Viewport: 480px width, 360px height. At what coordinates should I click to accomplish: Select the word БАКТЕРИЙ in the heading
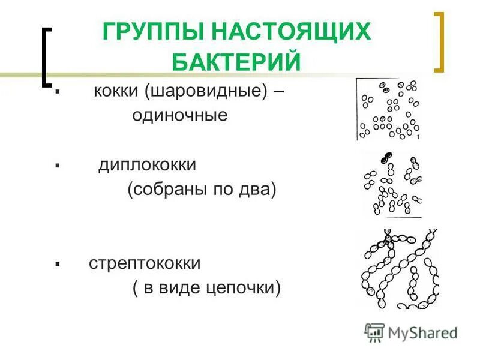click(x=236, y=62)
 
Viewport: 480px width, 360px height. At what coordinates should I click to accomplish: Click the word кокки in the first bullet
click(x=116, y=92)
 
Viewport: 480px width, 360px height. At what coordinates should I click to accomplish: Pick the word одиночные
click(x=180, y=115)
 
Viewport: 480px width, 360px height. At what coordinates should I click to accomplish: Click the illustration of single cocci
click(x=389, y=109)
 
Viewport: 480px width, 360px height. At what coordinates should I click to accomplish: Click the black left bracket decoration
click(x=46, y=57)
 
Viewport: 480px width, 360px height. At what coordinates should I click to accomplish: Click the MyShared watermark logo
click(x=410, y=332)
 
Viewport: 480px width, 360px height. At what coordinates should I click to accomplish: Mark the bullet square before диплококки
click(x=56, y=165)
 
